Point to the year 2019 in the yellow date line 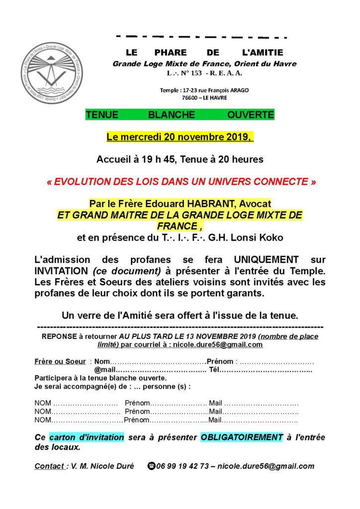tap(238, 137)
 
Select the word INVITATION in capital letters tap(61, 271)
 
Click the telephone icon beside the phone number tap(151, 466)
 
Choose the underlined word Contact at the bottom tap(49, 466)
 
